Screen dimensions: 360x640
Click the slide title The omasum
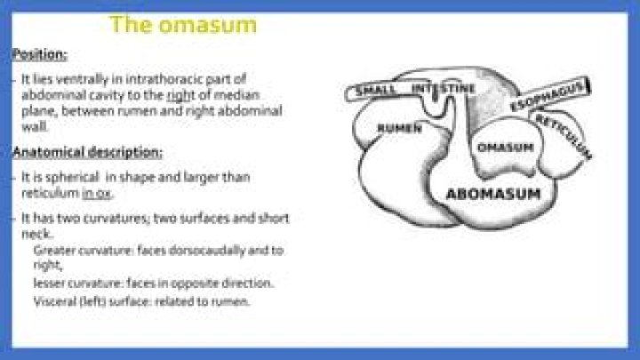point(183,24)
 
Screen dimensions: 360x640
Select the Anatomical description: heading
point(87,152)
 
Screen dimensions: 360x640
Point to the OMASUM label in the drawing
point(505,147)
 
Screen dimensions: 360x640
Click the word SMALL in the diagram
point(376,91)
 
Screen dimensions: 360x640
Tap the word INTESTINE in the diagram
point(444,89)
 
